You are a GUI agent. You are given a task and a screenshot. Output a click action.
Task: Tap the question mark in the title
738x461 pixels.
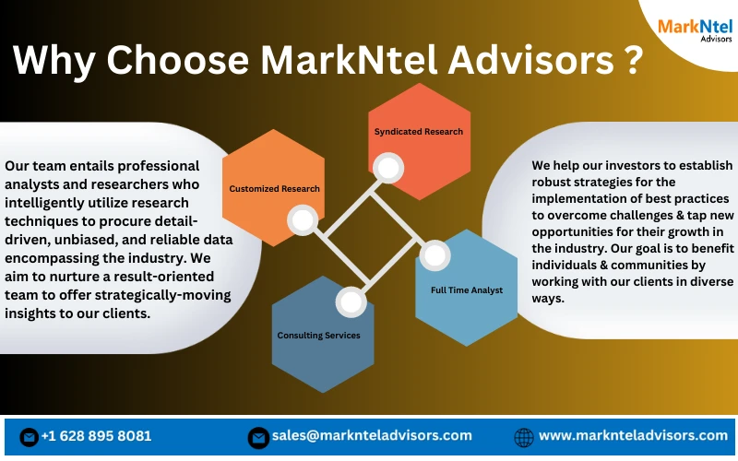[x=628, y=60]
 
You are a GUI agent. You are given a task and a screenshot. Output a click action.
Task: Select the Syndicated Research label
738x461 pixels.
[x=419, y=132]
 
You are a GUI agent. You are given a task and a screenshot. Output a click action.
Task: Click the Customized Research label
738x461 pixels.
[x=274, y=189]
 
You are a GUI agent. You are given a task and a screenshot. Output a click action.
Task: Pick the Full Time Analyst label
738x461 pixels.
[x=467, y=290]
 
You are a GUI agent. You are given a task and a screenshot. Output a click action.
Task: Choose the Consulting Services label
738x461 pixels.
[x=318, y=335]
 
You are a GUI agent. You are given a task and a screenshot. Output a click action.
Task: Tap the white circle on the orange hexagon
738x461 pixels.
[x=302, y=219]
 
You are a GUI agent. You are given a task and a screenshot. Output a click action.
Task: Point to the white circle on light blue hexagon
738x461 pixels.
[x=434, y=254]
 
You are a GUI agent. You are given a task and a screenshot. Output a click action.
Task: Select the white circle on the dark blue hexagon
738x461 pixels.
[x=350, y=301]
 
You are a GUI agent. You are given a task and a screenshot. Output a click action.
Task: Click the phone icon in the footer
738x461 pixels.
[x=29, y=436]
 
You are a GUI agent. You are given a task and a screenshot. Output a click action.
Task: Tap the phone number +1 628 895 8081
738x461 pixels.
[x=97, y=436]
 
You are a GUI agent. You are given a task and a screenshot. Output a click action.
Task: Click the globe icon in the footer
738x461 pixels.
[x=523, y=436]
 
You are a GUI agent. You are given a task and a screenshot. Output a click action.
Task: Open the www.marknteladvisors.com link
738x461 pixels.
[x=634, y=436]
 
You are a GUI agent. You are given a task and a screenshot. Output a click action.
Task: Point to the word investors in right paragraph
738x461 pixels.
[x=615, y=165]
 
